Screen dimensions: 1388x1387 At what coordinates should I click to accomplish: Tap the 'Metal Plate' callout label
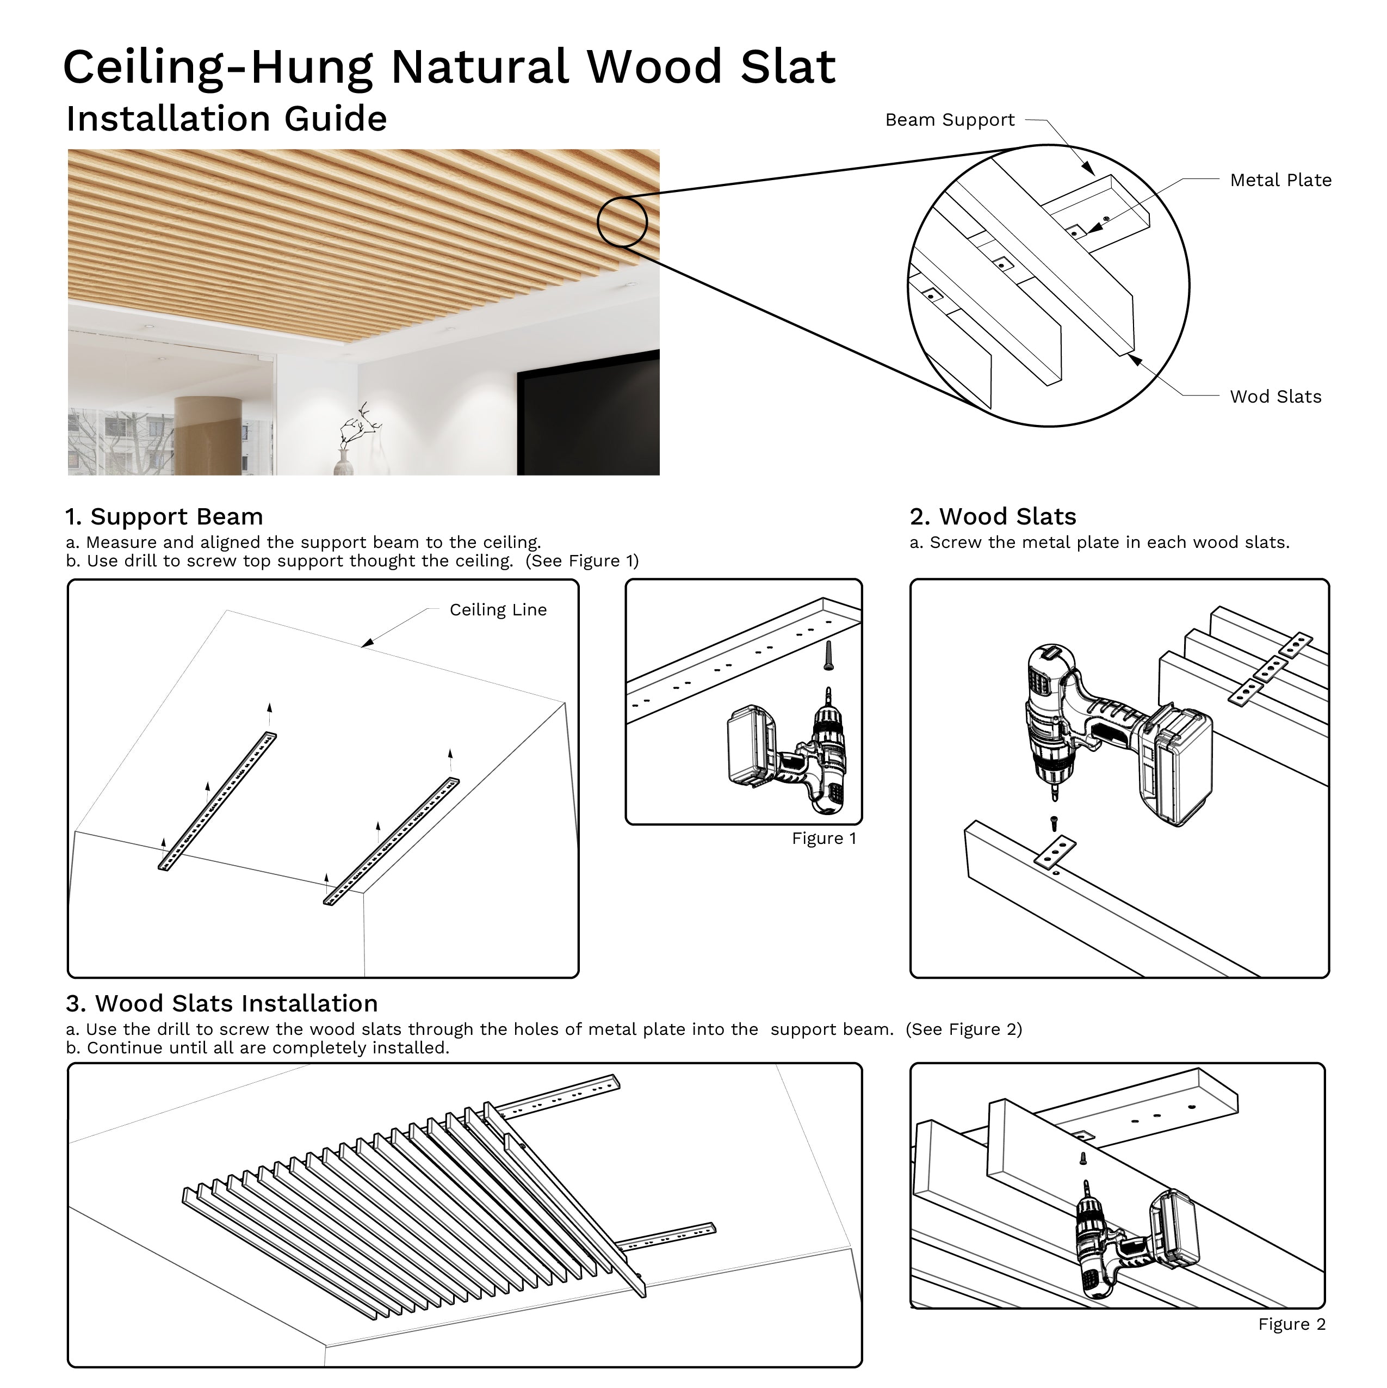coord(1280,180)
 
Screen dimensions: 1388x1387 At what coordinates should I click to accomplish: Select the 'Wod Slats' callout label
coord(1275,397)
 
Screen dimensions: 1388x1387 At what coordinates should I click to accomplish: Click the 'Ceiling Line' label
coord(498,610)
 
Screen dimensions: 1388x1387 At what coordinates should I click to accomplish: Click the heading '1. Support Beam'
coord(164,516)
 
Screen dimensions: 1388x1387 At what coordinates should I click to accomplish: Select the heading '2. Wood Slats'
coord(992,516)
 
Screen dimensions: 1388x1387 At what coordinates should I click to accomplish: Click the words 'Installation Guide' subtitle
coord(226,119)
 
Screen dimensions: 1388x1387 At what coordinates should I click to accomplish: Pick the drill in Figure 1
coord(790,758)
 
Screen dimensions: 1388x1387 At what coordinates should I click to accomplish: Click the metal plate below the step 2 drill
coord(1055,852)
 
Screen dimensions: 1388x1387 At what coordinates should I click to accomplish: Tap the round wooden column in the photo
coord(208,435)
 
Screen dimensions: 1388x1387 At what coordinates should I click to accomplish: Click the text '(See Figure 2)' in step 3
coord(963,1029)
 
